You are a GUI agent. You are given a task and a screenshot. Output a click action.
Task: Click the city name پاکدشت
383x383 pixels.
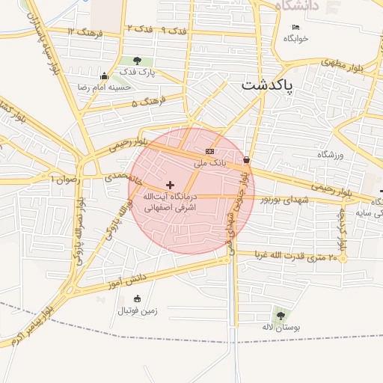pos(267,86)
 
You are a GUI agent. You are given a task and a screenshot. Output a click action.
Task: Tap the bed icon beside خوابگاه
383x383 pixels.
pos(295,28)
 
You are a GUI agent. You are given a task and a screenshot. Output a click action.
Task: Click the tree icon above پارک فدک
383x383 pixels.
pos(137,61)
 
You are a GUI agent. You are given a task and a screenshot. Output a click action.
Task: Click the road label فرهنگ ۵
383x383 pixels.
pos(145,100)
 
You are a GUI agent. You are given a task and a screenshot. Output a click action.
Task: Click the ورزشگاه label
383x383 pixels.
pos(329,154)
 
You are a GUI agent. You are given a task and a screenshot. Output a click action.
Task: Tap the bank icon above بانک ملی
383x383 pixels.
pos(209,151)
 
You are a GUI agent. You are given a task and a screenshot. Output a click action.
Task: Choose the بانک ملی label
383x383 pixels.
pos(209,162)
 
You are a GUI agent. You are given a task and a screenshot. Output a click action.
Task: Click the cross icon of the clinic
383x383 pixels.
pos(170,184)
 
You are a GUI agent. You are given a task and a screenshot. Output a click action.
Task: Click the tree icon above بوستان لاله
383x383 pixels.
pos(281,316)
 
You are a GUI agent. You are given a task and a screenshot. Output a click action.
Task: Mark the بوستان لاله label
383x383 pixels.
pos(281,328)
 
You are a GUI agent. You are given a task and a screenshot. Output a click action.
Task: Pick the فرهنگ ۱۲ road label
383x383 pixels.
pos(81,31)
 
